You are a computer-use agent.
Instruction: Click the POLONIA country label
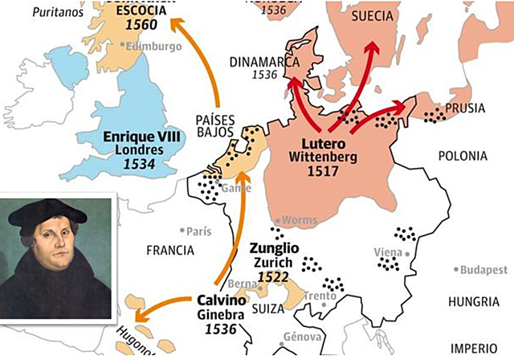462,155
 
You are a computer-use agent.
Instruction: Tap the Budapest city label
485,269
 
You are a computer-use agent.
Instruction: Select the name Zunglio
275,249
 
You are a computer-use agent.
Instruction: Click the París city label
198,231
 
